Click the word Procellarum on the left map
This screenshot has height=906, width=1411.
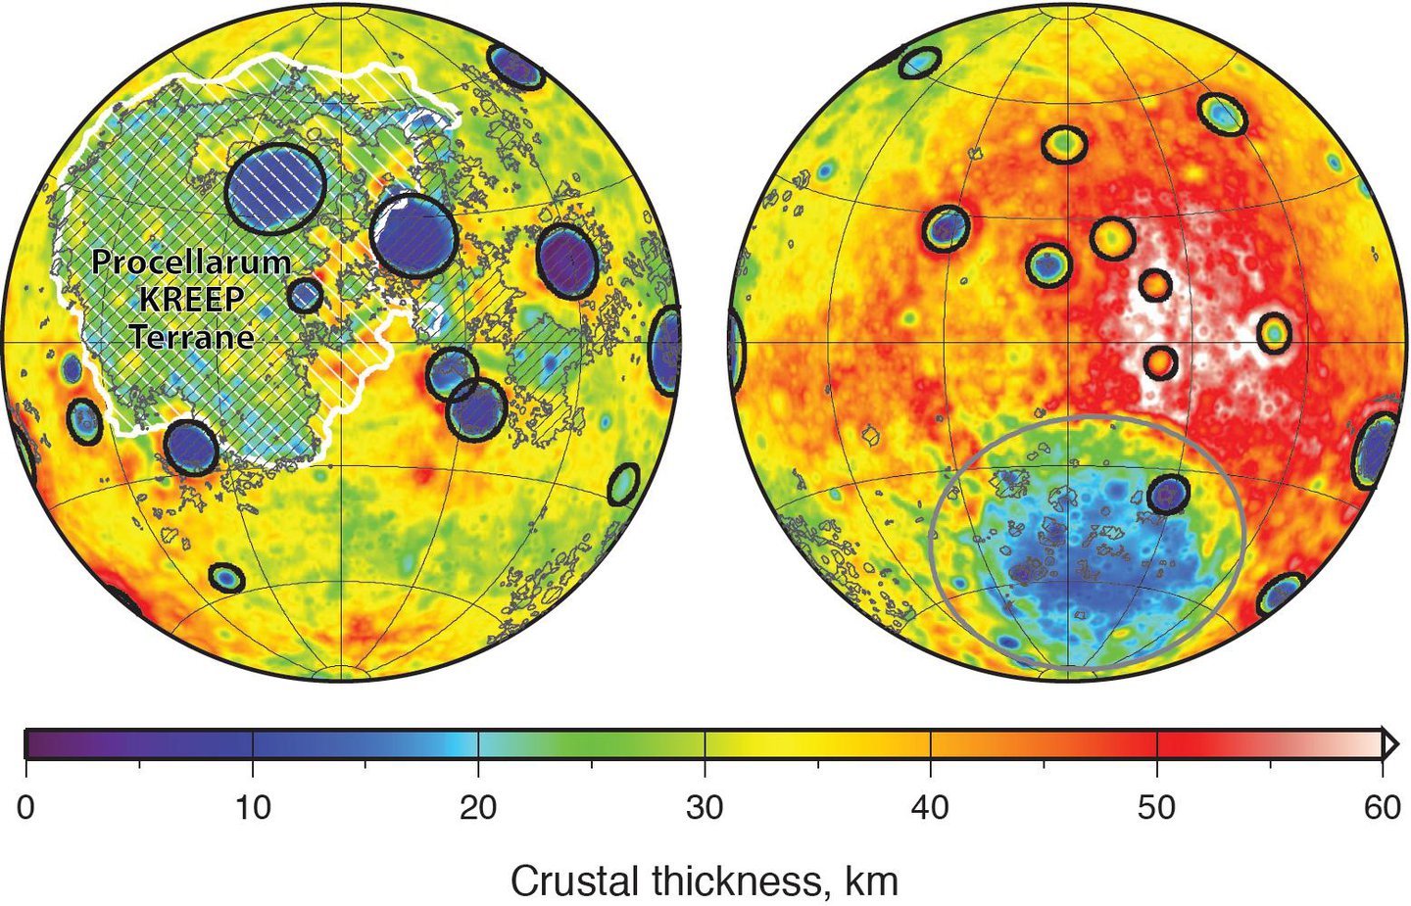click(x=191, y=262)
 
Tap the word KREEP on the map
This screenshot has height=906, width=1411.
click(x=191, y=299)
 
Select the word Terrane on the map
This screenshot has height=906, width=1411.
click(x=191, y=337)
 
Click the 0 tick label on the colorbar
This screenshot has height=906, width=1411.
click(x=25, y=808)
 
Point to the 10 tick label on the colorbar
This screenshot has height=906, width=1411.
click(x=253, y=808)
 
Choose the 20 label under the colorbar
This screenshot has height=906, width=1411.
click(x=478, y=808)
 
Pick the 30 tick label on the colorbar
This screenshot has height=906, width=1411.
click(x=705, y=808)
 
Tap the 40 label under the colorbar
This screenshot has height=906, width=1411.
click(x=931, y=808)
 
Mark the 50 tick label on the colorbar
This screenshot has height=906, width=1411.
click(x=1157, y=808)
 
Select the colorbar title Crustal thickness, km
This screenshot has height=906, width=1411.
click(x=704, y=881)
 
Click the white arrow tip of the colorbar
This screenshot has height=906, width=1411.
click(x=1389, y=743)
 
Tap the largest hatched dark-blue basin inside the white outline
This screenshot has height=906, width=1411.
click(x=275, y=187)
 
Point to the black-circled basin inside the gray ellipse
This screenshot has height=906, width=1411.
click(x=1167, y=495)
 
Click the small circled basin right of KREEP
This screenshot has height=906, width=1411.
click(x=306, y=295)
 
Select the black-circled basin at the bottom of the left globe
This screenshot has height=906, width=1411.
click(x=226, y=578)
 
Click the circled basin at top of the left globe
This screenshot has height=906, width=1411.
click(x=515, y=68)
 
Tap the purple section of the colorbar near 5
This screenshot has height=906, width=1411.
click(x=139, y=743)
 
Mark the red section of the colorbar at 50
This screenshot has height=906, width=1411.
click(x=1157, y=743)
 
